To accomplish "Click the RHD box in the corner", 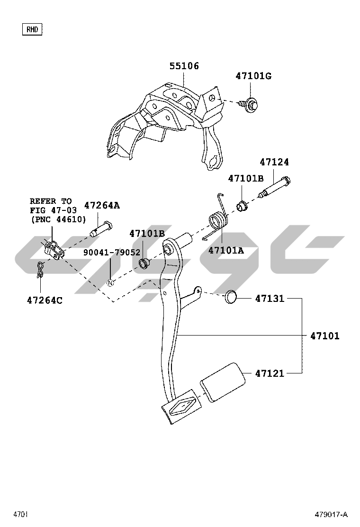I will [32, 29].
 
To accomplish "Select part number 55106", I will [184, 66].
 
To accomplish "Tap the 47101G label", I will [253, 76].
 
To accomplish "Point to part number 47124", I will [274, 162].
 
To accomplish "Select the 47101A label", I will [226, 250].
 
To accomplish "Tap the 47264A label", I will [102, 205].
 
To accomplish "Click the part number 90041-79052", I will [112, 253].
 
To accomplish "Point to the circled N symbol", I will [110, 283].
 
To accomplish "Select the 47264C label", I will [45, 300].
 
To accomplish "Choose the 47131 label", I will [270, 299].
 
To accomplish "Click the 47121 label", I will [270, 373].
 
